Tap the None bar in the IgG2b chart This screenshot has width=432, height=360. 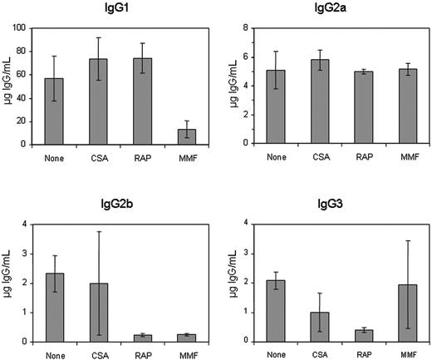point(54,308)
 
